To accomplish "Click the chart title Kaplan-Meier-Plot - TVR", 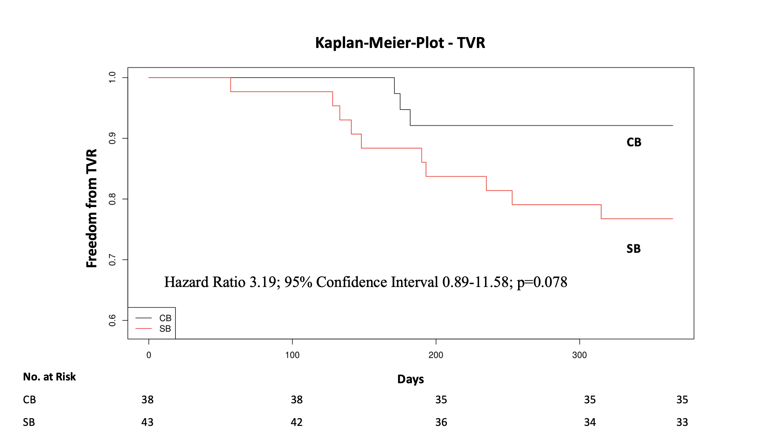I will click(x=400, y=43).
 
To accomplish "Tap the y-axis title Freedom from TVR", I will click(x=92, y=208).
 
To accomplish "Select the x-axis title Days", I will click(x=410, y=379).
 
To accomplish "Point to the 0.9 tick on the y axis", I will click(x=112, y=138).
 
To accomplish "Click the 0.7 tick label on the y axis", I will click(x=112, y=260).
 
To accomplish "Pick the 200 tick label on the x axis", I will click(x=436, y=355).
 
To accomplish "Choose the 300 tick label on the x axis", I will click(x=579, y=355).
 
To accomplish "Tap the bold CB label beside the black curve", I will click(x=634, y=142).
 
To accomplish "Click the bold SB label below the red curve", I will click(x=633, y=249).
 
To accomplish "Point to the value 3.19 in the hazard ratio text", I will click(x=263, y=282).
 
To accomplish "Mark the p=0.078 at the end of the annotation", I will click(x=542, y=282).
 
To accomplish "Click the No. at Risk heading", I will click(x=49, y=377).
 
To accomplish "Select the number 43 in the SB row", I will click(x=147, y=422).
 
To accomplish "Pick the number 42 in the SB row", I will click(x=296, y=422).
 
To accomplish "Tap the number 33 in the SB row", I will click(x=682, y=422).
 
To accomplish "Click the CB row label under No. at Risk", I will click(x=29, y=400).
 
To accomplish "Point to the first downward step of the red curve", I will click(x=231, y=85).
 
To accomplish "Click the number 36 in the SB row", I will click(x=441, y=422).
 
